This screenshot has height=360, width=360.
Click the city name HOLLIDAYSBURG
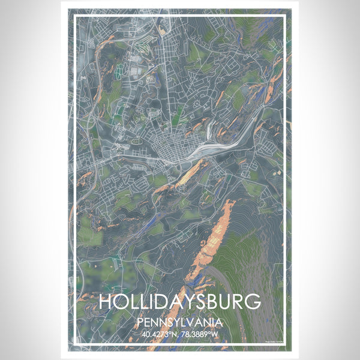pos(179,301)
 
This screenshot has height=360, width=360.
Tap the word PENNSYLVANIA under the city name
pos(179,321)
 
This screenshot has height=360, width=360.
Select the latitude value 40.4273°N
pos(160,334)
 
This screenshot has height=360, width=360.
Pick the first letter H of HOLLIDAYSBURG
pos(105,301)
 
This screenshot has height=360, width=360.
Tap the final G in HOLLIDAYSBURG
pos(254,301)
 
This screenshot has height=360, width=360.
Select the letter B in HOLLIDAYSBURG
pos(209,301)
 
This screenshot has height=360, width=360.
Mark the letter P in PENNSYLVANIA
pos(142,321)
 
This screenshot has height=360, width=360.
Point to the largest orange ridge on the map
pos(213,240)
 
